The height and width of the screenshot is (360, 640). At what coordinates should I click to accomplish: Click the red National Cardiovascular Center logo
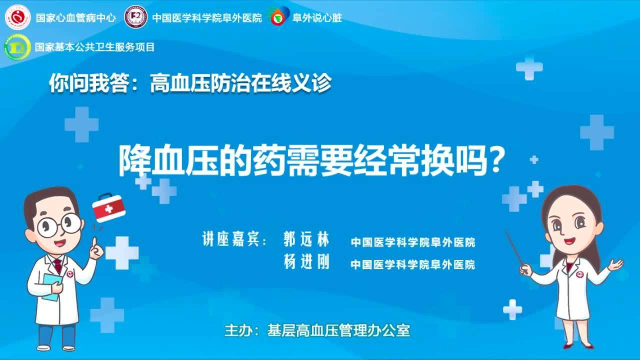click(x=17, y=17)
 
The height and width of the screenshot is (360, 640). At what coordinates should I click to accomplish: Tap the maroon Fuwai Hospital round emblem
click(x=136, y=17)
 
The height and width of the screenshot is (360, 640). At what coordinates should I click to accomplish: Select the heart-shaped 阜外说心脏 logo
click(x=278, y=16)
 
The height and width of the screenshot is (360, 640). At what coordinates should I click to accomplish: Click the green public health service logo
click(x=17, y=47)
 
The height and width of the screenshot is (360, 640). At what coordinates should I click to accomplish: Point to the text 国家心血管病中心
click(x=75, y=17)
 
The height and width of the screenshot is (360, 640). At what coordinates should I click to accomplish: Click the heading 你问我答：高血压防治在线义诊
click(x=190, y=83)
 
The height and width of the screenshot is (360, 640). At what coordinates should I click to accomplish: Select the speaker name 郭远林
click(x=306, y=239)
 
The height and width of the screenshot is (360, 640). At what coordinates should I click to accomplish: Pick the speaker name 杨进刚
click(x=306, y=261)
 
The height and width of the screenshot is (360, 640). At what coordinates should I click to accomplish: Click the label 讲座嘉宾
click(x=231, y=239)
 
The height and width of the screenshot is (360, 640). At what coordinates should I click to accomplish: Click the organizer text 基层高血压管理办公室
click(x=338, y=330)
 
